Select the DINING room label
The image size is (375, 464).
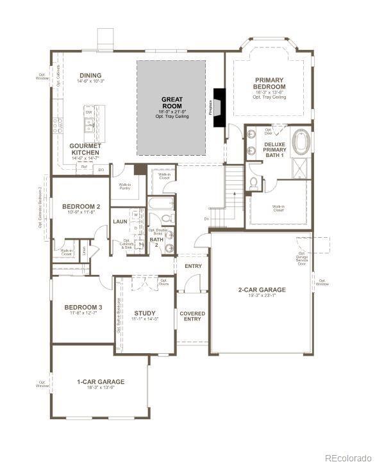[x=90, y=75]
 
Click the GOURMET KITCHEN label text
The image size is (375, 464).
[x=85, y=149]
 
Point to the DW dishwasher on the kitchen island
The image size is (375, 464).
[x=89, y=112]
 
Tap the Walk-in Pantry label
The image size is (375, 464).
[x=125, y=186]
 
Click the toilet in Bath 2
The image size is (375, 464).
[x=169, y=247]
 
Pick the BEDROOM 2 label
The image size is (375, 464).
[x=79, y=206]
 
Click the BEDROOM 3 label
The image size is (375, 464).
[x=83, y=308]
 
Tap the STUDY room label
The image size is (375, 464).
[x=145, y=313]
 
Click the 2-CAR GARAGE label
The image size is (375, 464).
[x=262, y=290]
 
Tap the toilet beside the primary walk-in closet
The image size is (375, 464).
[x=254, y=183]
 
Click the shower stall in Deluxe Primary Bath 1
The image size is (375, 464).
[x=299, y=167]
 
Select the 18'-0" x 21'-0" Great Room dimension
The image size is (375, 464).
[x=172, y=110]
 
